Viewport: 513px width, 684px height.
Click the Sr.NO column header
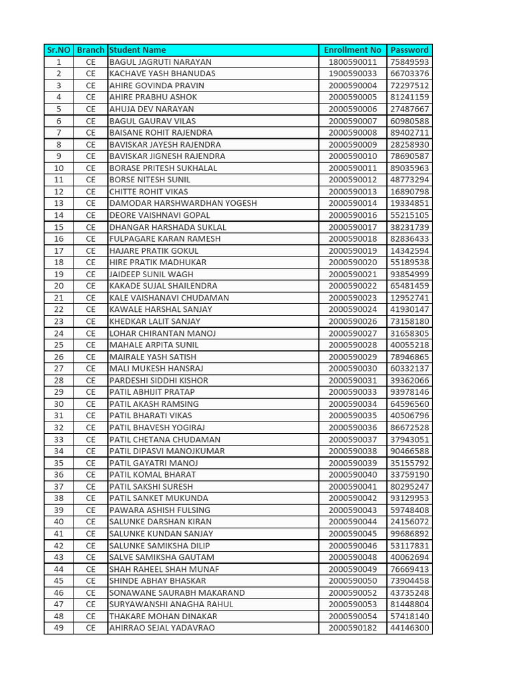[x=59, y=50]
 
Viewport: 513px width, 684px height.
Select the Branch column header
[x=91, y=50]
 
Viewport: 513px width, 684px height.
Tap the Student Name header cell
[x=138, y=50]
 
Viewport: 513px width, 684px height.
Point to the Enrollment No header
[x=353, y=50]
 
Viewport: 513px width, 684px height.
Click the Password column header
[x=409, y=50]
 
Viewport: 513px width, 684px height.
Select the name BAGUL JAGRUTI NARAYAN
[x=160, y=62]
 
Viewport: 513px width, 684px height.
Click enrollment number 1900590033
[x=353, y=73]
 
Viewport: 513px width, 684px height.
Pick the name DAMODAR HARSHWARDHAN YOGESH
[x=183, y=203]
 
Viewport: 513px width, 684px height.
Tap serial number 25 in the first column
[x=59, y=345]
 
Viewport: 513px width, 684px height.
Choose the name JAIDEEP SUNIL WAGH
[x=152, y=274]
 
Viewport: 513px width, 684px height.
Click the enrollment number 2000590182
[x=353, y=628]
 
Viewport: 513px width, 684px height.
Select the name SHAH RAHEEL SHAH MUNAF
[x=164, y=569]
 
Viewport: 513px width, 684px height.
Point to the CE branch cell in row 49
[x=91, y=628]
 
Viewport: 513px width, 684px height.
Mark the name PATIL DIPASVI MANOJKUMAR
[x=167, y=451]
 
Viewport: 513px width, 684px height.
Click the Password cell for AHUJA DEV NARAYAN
[x=409, y=109]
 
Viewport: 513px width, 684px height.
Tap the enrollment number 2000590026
[x=353, y=321]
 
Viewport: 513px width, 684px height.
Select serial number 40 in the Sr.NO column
[x=59, y=522]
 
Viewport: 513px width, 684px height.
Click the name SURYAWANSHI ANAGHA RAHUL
[x=172, y=605]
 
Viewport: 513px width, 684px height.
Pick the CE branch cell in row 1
[x=91, y=62]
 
